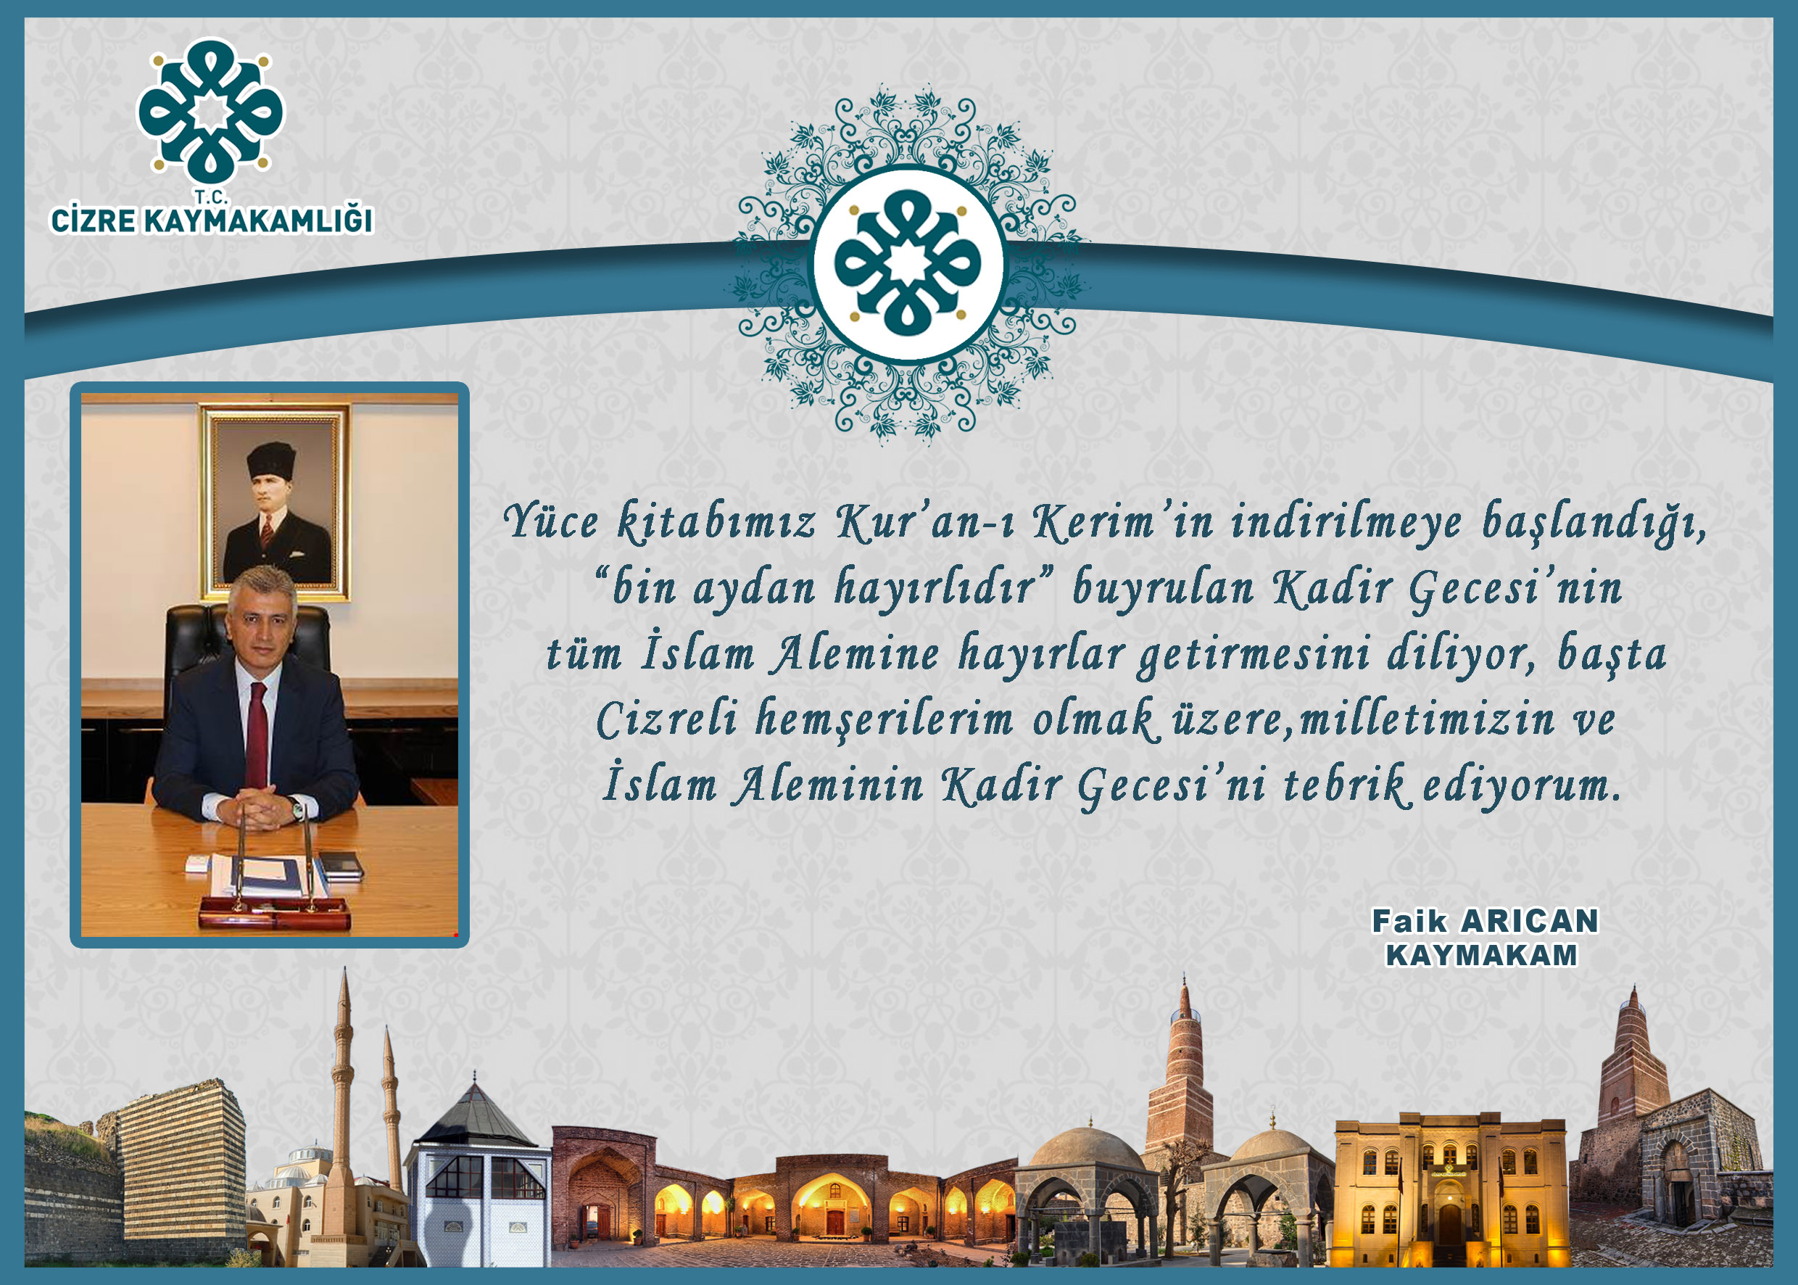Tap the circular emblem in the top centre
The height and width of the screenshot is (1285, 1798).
point(908,263)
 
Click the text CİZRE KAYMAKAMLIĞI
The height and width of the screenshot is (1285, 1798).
point(211,220)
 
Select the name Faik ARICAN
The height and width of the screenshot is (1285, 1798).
point(1485,921)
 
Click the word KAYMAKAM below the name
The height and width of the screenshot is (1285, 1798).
point(1482,955)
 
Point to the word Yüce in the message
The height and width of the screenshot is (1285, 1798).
point(550,521)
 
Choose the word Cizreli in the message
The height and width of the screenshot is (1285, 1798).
point(666,719)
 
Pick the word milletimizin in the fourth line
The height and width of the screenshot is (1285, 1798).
point(1428,719)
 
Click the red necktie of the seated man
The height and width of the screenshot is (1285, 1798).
point(257,735)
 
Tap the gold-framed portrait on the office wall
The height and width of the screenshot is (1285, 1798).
point(275,503)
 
